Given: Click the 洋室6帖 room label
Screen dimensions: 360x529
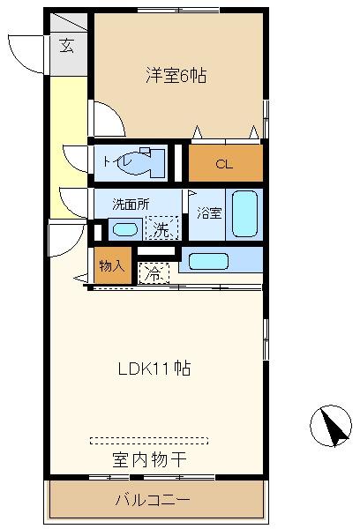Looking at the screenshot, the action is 176,75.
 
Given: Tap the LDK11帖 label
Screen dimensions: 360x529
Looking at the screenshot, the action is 154,369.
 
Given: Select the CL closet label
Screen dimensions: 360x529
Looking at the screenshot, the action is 224,164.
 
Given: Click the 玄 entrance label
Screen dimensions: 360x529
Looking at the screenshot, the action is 67,45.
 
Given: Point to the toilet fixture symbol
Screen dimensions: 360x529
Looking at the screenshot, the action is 142,162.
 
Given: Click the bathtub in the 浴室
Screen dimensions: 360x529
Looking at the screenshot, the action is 244,214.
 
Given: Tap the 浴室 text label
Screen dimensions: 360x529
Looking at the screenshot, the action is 209,213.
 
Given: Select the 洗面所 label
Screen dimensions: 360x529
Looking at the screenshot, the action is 131,205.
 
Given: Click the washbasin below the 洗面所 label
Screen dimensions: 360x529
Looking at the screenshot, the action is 125,230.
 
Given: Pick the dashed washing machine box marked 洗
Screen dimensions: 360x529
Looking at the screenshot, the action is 161,227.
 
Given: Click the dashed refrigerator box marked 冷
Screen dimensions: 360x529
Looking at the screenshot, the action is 154,273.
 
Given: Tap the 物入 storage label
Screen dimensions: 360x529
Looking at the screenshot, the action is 112,266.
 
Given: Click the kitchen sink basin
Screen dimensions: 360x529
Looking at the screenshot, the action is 208,261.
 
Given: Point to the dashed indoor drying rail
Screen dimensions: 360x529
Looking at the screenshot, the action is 149,441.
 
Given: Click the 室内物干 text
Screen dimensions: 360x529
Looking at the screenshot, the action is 149,460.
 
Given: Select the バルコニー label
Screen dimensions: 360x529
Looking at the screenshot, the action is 153,500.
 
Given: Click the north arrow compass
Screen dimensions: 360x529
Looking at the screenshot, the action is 331,426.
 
